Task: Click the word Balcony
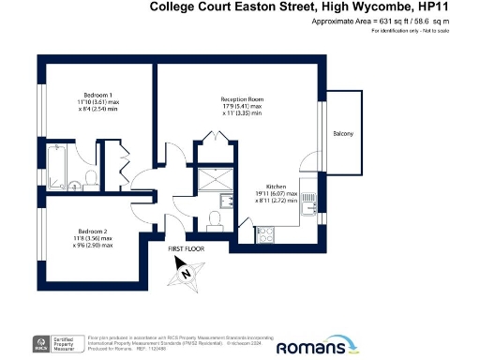point(343,135)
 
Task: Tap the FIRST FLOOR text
point(187,249)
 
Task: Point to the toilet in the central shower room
point(214,218)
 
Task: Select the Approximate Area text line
point(402,21)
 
